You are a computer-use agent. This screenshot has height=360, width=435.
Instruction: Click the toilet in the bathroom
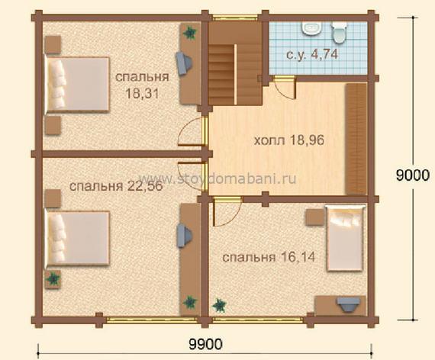point(339,32)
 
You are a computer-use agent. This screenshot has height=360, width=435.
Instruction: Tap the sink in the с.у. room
point(312,28)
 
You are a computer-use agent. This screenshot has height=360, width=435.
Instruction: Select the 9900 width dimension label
point(205,344)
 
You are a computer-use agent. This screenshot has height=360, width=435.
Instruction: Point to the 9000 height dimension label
point(413,175)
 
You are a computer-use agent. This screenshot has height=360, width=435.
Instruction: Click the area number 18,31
point(143,94)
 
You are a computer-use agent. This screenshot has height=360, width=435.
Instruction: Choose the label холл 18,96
point(288,140)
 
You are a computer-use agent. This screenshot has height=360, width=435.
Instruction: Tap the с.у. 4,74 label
point(312,54)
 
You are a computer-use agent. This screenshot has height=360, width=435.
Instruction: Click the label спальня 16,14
point(269,257)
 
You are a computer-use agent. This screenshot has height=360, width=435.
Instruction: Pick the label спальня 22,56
point(116,186)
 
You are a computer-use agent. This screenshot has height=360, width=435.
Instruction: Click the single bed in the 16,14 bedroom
point(345,238)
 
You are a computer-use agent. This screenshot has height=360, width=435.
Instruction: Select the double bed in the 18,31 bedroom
point(78,85)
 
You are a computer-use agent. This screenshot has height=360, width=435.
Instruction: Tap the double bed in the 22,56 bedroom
point(78,239)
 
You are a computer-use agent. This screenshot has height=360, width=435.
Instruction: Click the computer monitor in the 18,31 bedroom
point(183,64)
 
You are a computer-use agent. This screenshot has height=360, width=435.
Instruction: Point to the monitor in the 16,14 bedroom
point(348,304)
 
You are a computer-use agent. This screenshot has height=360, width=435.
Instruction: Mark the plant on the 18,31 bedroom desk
point(190,33)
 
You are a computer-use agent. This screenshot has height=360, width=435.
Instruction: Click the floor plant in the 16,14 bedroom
point(220,305)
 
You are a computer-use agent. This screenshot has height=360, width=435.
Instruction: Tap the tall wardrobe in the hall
point(356,139)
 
